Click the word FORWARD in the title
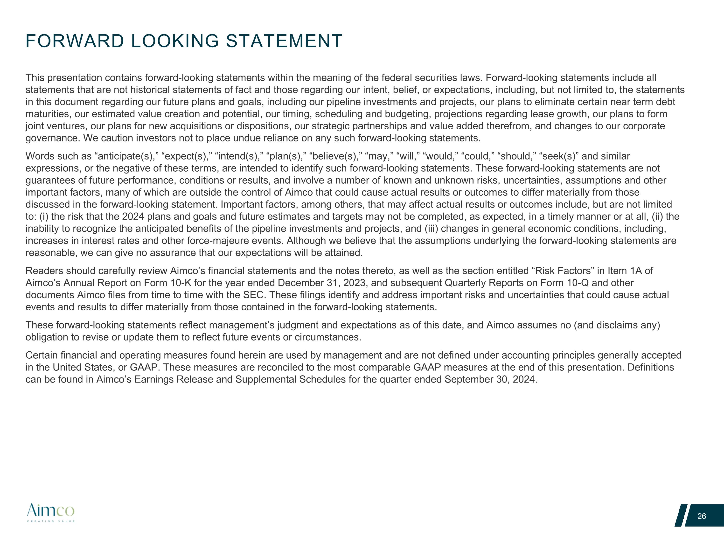(x=75, y=41)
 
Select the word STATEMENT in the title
(x=284, y=41)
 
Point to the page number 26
(x=701, y=516)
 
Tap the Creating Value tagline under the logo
(x=51, y=521)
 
